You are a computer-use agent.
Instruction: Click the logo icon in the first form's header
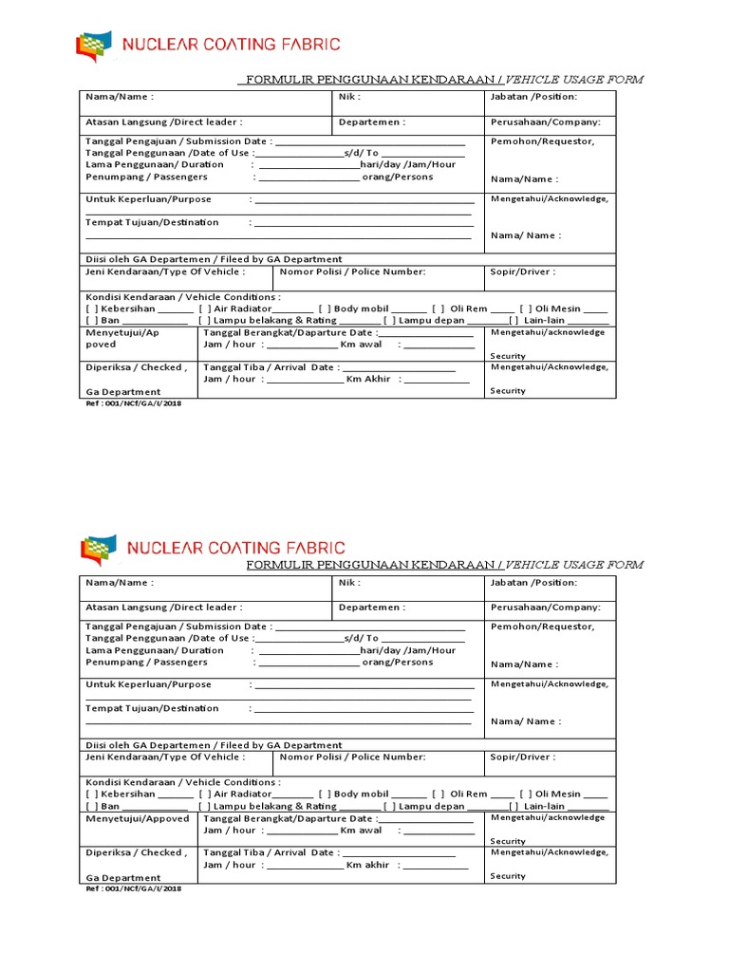click(x=93, y=46)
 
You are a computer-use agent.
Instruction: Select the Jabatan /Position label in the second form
click(x=533, y=582)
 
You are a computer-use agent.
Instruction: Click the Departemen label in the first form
click(x=371, y=122)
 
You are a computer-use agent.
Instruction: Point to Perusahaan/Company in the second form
click(x=546, y=607)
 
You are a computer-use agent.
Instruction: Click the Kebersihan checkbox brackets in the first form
click(x=91, y=308)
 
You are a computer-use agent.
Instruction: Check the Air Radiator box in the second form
click(x=204, y=794)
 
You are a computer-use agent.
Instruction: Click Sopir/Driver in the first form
click(x=523, y=271)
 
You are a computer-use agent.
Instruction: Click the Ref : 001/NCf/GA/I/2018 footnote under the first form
click(x=133, y=402)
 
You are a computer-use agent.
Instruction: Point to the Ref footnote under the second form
click(x=133, y=888)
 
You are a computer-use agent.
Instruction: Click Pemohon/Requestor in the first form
click(x=542, y=141)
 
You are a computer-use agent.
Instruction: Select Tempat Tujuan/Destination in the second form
click(x=152, y=707)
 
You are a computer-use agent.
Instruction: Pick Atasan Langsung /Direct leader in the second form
click(x=163, y=607)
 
